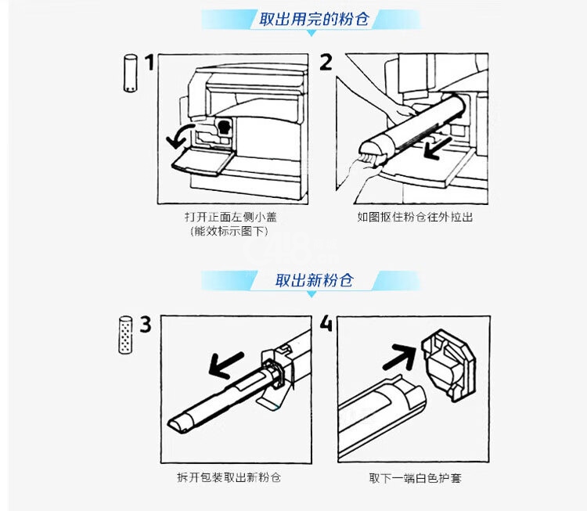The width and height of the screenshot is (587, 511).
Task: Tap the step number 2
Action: pos(326,62)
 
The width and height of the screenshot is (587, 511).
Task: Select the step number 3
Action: pos(146,324)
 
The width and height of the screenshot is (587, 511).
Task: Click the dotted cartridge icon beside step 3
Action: pos(124,335)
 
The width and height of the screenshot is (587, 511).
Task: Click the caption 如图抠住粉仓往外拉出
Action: pos(415,217)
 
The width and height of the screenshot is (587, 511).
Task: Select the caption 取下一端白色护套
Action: pos(416,477)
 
